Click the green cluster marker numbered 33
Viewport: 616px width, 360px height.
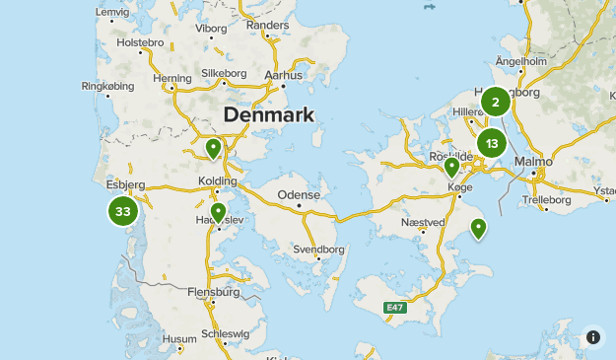(123, 211)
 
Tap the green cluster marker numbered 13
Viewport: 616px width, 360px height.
(491, 144)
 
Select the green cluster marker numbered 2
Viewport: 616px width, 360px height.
(495, 101)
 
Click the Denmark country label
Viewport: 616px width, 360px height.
(269, 114)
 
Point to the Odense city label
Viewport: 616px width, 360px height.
(299, 195)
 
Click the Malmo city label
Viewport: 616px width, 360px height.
(533, 161)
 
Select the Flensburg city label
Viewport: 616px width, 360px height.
(214, 292)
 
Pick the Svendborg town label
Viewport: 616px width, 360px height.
(318, 249)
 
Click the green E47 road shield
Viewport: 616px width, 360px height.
(394, 309)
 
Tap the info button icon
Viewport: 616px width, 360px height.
(593, 337)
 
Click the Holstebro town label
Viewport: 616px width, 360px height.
(139, 43)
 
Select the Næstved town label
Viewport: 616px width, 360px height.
(424, 223)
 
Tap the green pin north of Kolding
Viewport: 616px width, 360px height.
(213, 149)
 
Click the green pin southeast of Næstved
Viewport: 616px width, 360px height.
(478, 229)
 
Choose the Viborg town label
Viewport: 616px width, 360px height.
(211, 28)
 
